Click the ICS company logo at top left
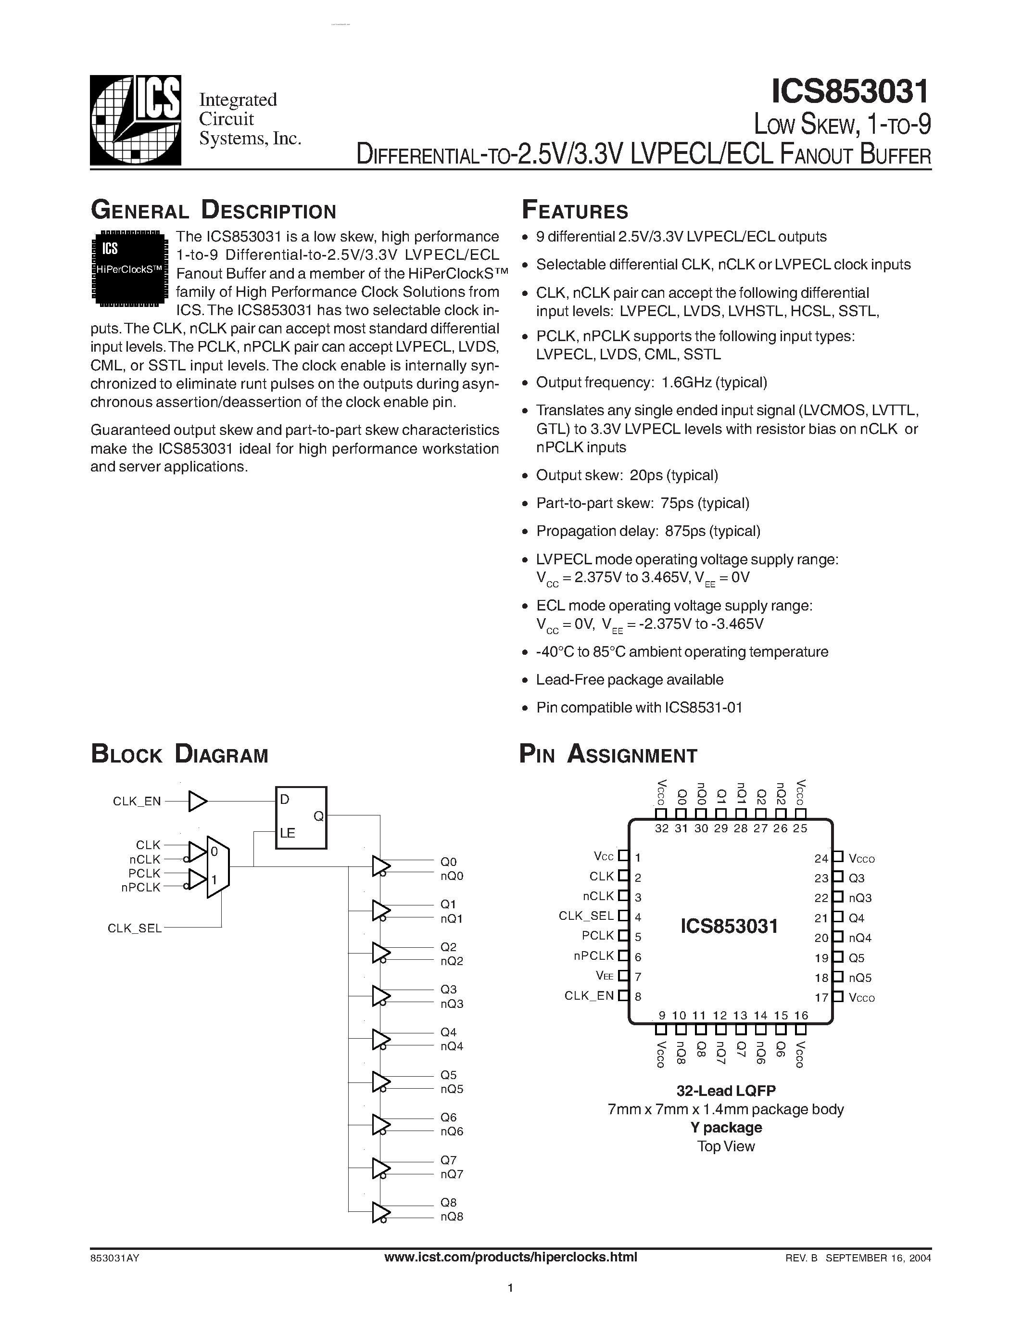(136, 120)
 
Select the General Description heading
(213, 210)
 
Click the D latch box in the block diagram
(301, 817)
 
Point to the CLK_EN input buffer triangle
(197, 801)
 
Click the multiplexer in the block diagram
(217, 867)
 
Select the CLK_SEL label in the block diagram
(134, 928)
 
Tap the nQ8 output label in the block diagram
(452, 1216)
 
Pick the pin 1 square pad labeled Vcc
(623, 856)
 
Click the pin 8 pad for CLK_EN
(623, 995)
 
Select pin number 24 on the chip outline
(821, 858)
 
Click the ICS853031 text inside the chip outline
(729, 926)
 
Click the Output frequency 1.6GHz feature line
(652, 382)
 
